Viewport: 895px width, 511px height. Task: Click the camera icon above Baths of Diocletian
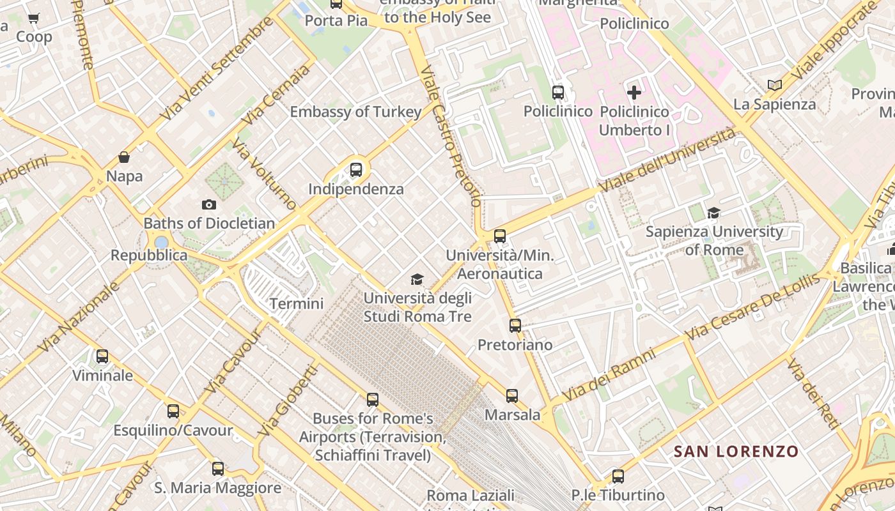(x=208, y=205)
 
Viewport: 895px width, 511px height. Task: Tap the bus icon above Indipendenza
(x=356, y=170)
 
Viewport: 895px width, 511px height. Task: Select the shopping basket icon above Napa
(x=124, y=157)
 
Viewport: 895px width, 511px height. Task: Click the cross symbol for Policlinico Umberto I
(x=634, y=93)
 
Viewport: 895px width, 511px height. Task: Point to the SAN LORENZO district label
(x=736, y=452)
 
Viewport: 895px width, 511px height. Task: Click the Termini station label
(x=297, y=303)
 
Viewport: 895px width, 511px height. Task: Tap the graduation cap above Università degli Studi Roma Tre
(x=417, y=279)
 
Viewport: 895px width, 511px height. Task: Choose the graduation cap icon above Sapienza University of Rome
(x=713, y=213)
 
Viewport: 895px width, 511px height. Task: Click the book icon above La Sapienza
(x=774, y=85)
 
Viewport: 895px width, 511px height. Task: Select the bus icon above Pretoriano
(x=515, y=326)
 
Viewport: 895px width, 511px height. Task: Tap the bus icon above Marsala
(x=512, y=395)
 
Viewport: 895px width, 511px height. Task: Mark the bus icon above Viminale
(x=102, y=356)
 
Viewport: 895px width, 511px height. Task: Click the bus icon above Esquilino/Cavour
(x=173, y=411)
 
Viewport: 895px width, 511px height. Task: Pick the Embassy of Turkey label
(x=355, y=112)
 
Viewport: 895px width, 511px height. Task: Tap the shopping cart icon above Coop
(x=34, y=19)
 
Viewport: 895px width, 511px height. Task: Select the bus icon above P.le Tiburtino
(x=618, y=476)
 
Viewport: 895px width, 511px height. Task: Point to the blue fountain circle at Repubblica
(x=162, y=242)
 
